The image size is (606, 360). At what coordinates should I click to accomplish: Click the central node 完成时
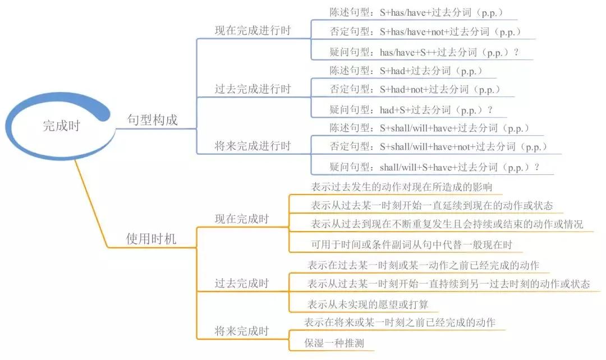click(61, 126)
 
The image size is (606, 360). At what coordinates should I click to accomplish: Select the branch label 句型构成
click(152, 120)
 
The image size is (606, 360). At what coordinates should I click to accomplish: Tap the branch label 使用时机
click(151, 239)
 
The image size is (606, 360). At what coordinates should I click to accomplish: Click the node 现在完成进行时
click(252, 30)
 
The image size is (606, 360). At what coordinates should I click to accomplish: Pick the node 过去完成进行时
click(252, 89)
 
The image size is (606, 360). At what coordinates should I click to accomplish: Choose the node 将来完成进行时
click(252, 146)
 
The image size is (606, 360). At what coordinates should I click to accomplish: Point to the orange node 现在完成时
click(242, 219)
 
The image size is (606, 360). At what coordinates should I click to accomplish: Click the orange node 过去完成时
click(242, 283)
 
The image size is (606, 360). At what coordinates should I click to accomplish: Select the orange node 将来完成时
click(242, 331)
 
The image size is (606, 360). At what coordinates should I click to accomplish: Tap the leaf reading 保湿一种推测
click(334, 343)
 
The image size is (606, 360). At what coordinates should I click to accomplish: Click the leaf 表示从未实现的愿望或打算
click(368, 304)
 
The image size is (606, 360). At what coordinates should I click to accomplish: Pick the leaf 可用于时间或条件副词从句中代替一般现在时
click(412, 244)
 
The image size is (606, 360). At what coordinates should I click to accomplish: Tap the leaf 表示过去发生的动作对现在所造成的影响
click(402, 187)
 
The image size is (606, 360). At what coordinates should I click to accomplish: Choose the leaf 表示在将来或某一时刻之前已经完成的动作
click(400, 322)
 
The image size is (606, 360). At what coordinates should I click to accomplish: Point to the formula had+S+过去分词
click(415, 110)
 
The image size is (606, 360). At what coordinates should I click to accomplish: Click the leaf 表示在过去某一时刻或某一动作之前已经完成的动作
click(423, 265)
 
